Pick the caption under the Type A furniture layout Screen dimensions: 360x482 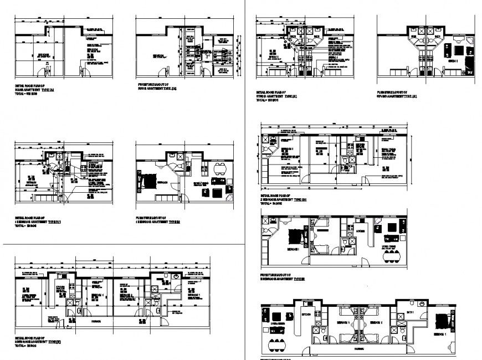point(157,88)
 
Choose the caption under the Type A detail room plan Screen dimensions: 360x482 point(34,90)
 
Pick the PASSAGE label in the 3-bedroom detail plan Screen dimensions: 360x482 point(89,320)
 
